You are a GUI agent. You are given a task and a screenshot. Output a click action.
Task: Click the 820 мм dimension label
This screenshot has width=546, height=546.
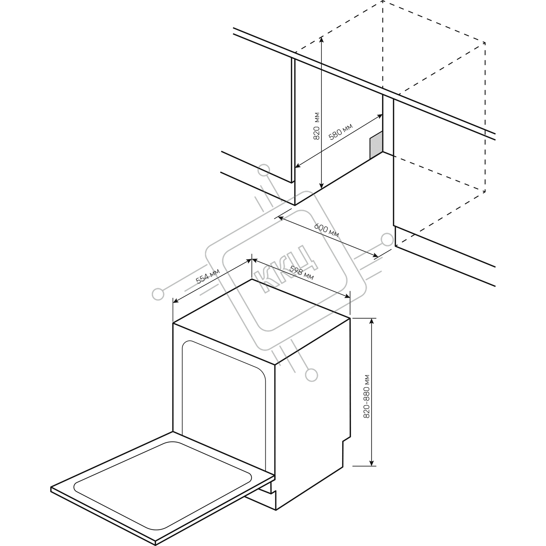point(317,126)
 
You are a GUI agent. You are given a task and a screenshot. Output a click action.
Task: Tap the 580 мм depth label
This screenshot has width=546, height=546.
point(340,132)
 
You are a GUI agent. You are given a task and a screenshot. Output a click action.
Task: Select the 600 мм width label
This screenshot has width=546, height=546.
point(327,230)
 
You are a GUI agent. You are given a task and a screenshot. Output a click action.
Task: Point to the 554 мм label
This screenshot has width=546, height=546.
point(208,276)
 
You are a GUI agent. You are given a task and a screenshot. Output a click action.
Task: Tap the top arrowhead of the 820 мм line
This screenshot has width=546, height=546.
point(321,40)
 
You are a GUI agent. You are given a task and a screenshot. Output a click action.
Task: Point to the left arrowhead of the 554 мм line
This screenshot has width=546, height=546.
point(175,301)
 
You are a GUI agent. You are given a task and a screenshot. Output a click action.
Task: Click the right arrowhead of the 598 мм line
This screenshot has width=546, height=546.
point(347,297)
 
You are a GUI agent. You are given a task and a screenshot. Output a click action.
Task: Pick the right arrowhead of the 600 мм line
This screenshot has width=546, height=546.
point(375,256)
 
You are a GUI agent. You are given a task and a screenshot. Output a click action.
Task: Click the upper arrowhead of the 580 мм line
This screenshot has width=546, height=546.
point(380,116)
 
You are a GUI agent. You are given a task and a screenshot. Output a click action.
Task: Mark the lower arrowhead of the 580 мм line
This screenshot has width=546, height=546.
point(297,166)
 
